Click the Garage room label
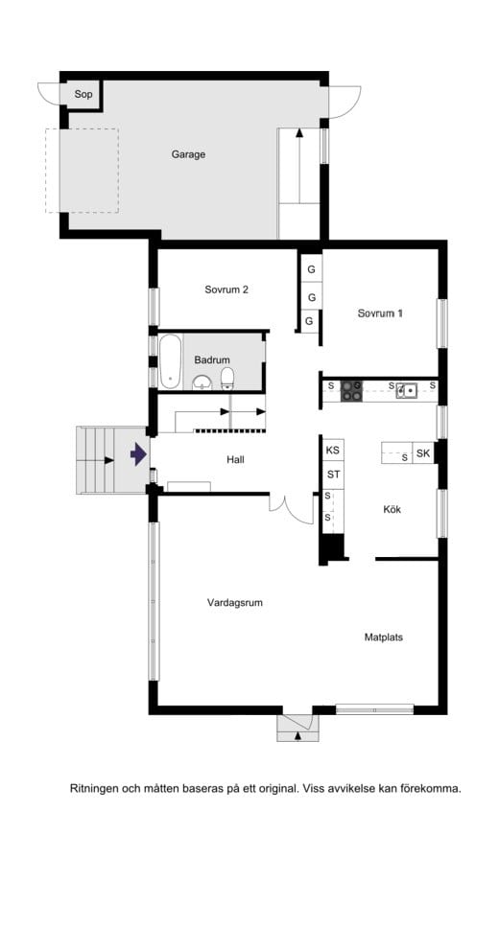coord(188,154)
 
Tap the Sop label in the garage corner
coord(83,94)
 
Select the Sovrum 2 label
coord(226,290)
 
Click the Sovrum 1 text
coord(380,313)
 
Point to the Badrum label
coord(210,359)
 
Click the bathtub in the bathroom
coord(170,361)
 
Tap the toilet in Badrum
coord(228,378)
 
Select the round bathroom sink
coord(202,383)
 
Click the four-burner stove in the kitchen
coord(352,389)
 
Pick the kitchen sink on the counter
coord(408,389)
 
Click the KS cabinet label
coord(333,450)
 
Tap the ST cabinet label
coord(333,474)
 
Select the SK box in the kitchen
coord(422,452)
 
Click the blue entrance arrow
coord(138,452)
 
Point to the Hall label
coord(235,460)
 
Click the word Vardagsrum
coord(235,603)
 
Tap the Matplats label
coord(383,637)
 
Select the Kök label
coord(392,509)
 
